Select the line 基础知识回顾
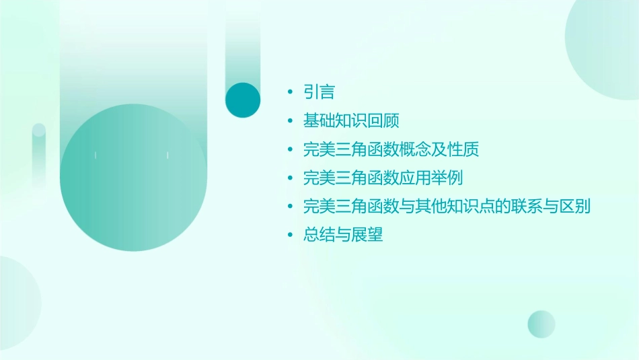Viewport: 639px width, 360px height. point(352,121)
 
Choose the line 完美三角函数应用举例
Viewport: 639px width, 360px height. point(383,178)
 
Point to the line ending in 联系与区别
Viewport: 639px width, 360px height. point(447,207)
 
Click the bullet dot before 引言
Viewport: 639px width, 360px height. point(290,92)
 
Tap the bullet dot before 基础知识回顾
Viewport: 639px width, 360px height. point(290,121)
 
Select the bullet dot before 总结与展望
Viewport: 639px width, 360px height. point(290,236)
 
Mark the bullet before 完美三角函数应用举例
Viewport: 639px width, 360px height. point(290,178)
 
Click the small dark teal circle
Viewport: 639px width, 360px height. point(243,100)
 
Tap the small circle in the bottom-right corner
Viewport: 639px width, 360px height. point(541,324)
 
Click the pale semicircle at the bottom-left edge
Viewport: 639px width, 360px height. point(17,303)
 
